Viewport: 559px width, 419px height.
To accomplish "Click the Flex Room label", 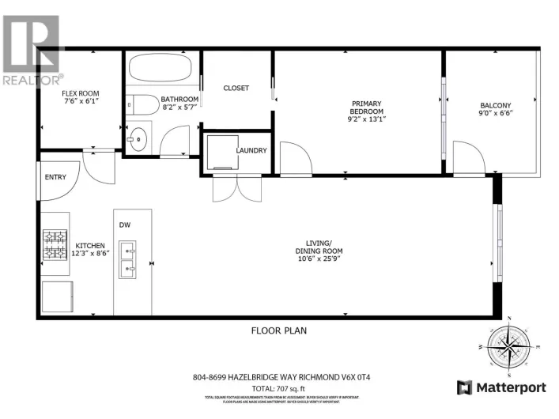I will tap(81, 93).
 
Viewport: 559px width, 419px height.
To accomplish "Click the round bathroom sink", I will tap(138, 138).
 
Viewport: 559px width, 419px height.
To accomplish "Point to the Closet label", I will tap(236, 88).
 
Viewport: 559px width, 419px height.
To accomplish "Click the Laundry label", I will tap(251, 150).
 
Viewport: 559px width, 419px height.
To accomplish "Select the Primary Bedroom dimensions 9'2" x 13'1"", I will tap(367, 121).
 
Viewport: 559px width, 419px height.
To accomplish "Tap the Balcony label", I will tap(495, 106).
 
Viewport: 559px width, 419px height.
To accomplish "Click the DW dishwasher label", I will tap(124, 225).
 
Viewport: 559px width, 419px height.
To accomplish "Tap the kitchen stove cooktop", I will tap(55, 246).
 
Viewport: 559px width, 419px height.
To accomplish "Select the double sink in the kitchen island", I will tap(127, 261).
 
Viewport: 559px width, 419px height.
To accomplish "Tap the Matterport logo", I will tap(501, 387).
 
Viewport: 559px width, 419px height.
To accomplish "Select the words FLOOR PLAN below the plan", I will tap(278, 330).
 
